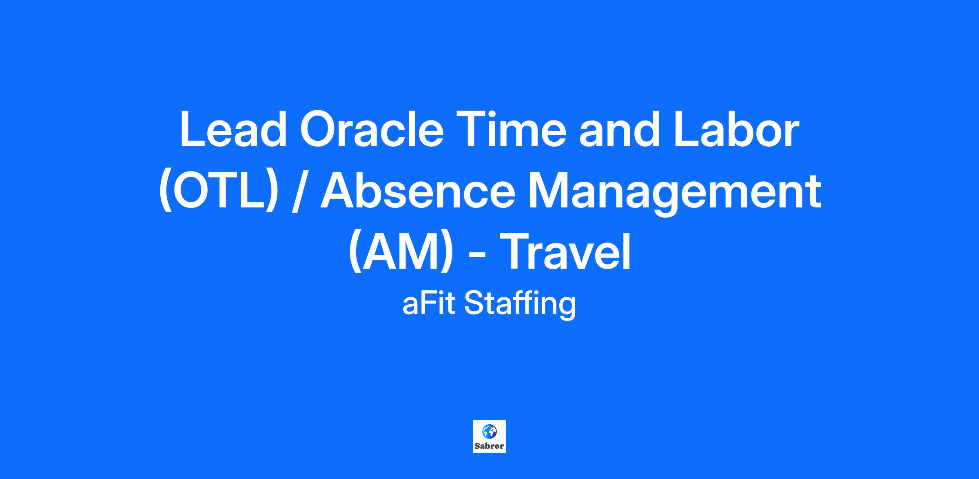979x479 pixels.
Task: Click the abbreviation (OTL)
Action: coord(219,191)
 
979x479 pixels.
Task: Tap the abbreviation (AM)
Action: coord(401,252)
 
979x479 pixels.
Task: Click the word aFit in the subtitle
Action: coord(428,304)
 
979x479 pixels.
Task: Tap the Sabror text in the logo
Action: coord(489,446)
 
